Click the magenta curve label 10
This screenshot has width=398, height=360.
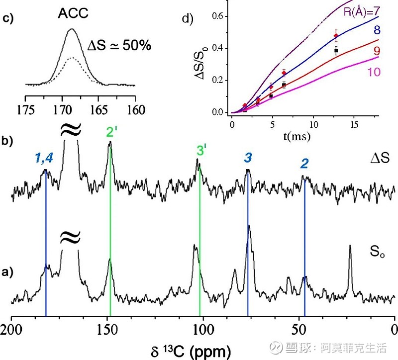374,72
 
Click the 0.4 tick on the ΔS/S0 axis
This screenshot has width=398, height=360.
218,49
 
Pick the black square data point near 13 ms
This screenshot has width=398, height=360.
336,51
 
